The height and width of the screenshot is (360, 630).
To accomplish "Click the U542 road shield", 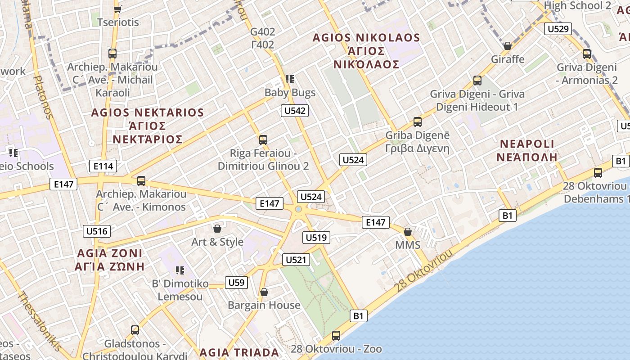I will (x=295, y=111).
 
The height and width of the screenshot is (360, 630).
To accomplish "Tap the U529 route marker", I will (x=558, y=29).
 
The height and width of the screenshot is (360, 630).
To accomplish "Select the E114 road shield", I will (x=103, y=166).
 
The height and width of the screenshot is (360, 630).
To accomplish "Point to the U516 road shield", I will (x=97, y=231).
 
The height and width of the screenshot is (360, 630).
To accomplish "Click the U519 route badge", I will (x=317, y=237).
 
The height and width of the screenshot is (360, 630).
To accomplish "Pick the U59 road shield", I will (x=236, y=283).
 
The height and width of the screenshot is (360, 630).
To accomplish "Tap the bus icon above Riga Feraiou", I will (x=263, y=140).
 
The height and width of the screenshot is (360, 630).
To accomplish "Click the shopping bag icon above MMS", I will (x=408, y=232).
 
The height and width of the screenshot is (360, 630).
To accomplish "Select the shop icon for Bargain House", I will (x=264, y=292).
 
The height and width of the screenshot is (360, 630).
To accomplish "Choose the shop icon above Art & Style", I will (x=217, y=229).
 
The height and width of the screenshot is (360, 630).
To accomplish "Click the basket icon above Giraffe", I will (x=508, y=46).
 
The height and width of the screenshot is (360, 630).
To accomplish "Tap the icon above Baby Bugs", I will (x=290, y=79).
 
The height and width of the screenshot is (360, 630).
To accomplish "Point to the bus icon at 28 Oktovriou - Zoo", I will (x=336, y=335).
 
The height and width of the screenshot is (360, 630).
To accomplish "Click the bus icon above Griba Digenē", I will (x=418, y=122).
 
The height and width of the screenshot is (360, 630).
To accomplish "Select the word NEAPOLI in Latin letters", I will (x=527, y=144).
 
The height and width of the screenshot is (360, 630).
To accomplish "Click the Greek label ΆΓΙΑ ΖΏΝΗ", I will (x=110, y=266).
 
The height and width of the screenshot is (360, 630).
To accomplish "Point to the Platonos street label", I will (x=43, y=97).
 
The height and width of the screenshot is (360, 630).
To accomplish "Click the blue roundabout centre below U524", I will (x=298, y=209).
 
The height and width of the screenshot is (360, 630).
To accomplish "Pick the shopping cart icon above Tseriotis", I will (x=118, y=9).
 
